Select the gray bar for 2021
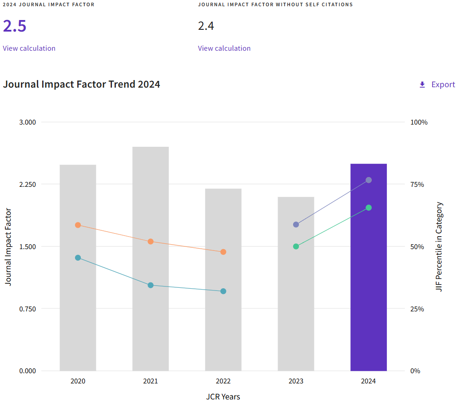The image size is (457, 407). click(151, 311)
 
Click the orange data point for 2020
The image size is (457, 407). click(78, 225)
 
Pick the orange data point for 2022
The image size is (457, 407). click(223, 252)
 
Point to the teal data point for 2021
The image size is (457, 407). click(151, 285)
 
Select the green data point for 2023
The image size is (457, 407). click(296, 246)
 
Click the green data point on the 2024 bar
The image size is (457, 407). click(369, 208)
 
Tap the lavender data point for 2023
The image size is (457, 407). click(296, 225)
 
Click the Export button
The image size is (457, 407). click(437, 85)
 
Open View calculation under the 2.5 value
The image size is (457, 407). click(29, 48)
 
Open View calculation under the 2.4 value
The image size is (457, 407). click(224, 48)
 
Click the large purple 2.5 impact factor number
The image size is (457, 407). click(15, 26)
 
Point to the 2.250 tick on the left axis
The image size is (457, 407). click(28, 184)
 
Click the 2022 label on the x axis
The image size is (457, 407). click(223, 381)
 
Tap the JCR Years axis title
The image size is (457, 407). click(223, 396)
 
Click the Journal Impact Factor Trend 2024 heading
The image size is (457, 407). click(82, 84)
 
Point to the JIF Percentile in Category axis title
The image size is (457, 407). click(439, 246)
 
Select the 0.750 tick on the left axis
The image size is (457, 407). click(28, 309)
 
